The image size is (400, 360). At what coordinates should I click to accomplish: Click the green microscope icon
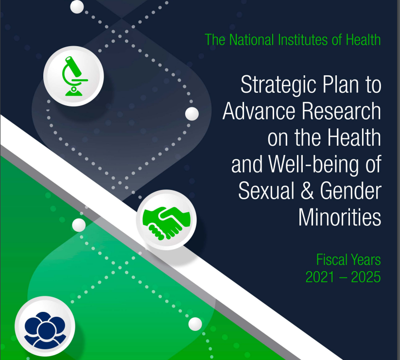74,76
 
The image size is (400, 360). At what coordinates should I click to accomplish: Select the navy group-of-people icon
45,330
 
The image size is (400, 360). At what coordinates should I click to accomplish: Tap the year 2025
366,277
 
